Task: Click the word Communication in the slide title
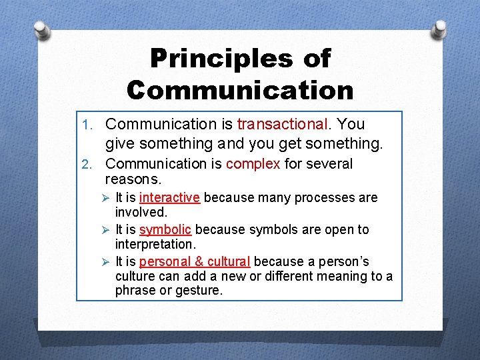pos(240,90)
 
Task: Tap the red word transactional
pos(282,124)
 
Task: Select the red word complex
pos(253,164)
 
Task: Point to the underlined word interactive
pos(169,197)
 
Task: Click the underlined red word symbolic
pos(165,229)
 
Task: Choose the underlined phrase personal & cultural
pos(195,261)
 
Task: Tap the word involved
pos(141,212)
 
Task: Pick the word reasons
pos(133,180)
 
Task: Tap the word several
pos(329,164)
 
